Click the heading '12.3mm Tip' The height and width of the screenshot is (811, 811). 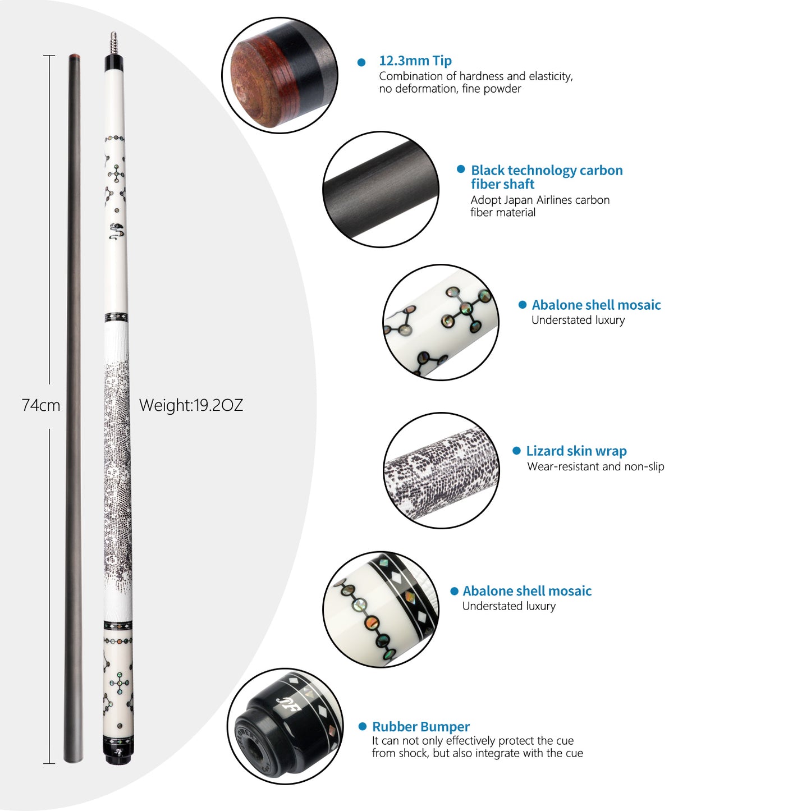pos(415,61)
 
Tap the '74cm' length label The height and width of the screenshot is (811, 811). pos(41,405)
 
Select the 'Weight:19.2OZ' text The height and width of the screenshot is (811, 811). pos(191,405)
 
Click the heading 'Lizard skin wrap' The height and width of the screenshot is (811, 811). pos(576,451)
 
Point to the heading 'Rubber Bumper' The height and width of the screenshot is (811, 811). pos(420,726)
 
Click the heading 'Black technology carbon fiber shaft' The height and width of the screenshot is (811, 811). pos(546,177)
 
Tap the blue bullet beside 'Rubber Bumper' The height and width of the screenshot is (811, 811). pos(362,726)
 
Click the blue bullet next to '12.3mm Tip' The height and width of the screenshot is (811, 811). pos(361,62)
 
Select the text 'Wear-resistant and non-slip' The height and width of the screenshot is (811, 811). pos(595,466)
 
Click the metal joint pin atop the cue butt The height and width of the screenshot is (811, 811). pos(113,43)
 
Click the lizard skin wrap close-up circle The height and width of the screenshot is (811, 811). pos(441,470)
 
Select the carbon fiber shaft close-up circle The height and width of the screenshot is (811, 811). pos(381,189)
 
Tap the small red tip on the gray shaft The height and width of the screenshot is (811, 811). pos(74,56)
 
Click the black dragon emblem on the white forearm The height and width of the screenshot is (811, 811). pos(116,231)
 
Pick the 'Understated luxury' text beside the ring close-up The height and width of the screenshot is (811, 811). pos(509,606)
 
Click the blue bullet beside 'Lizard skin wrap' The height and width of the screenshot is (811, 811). pos(516,451)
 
